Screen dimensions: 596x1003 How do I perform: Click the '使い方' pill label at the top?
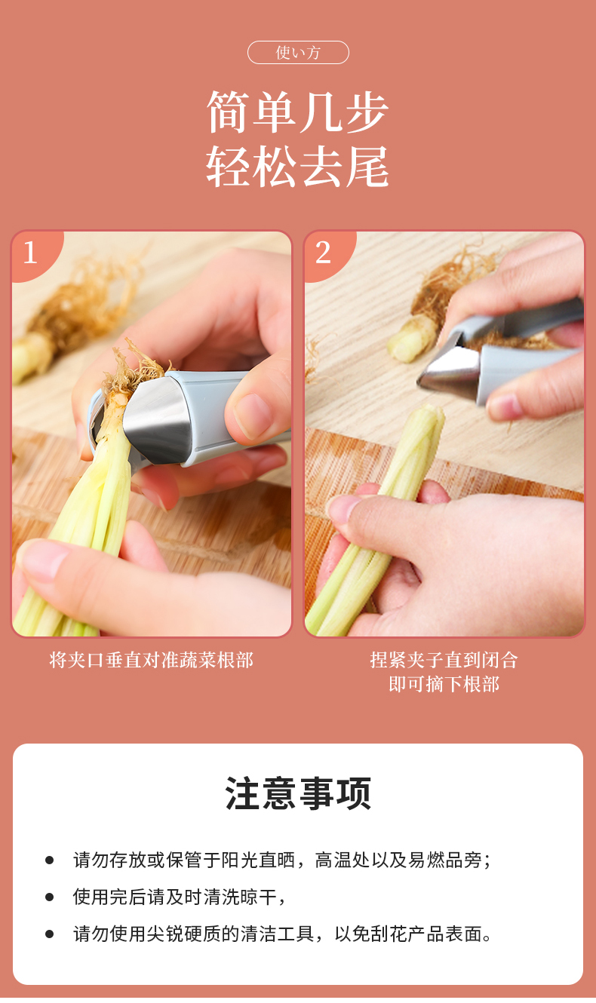coord(298,52)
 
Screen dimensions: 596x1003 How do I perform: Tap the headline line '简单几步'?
coord(298,112)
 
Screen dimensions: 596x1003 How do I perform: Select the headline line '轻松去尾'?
coord(298,166)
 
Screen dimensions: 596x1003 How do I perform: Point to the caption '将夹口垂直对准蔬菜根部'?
coord(152,660)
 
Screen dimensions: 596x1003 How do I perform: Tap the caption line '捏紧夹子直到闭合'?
coord(444,660)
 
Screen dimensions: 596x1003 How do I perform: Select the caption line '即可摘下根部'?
coord(444,684)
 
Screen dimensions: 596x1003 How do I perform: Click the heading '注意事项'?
coord(298,794)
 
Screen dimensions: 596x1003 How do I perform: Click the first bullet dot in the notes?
coord(49,860)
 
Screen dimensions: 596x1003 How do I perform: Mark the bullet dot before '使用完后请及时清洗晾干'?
coord(49,897)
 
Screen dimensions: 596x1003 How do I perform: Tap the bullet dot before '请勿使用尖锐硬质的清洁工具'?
coord(49,934)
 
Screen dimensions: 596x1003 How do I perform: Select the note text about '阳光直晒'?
coord(282,860)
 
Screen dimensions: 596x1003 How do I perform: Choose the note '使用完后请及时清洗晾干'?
coord(179,897)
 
